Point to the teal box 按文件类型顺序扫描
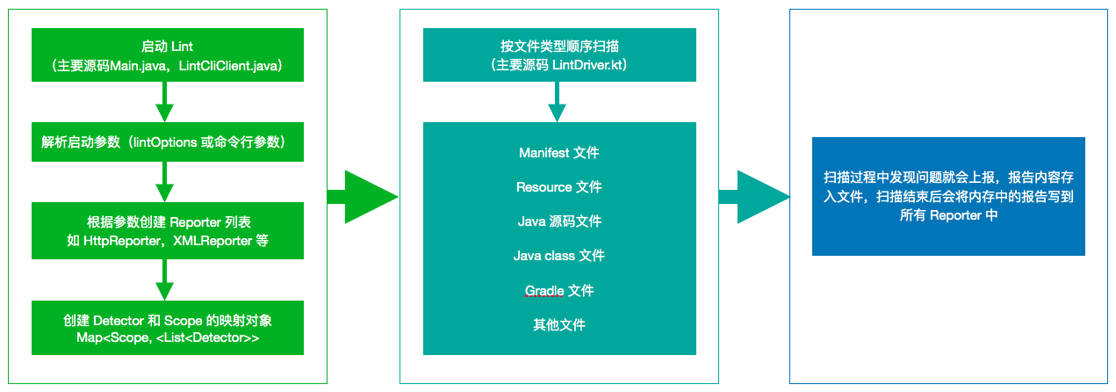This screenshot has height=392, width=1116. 559,55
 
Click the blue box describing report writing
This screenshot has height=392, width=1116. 948,196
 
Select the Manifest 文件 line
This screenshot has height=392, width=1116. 559,153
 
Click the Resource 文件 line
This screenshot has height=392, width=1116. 559,187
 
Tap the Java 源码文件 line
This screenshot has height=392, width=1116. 559,221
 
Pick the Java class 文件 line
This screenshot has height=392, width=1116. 559,256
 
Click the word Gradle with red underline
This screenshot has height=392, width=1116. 544,291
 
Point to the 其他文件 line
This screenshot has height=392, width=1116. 559,325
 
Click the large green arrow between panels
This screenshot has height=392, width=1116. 362,197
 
